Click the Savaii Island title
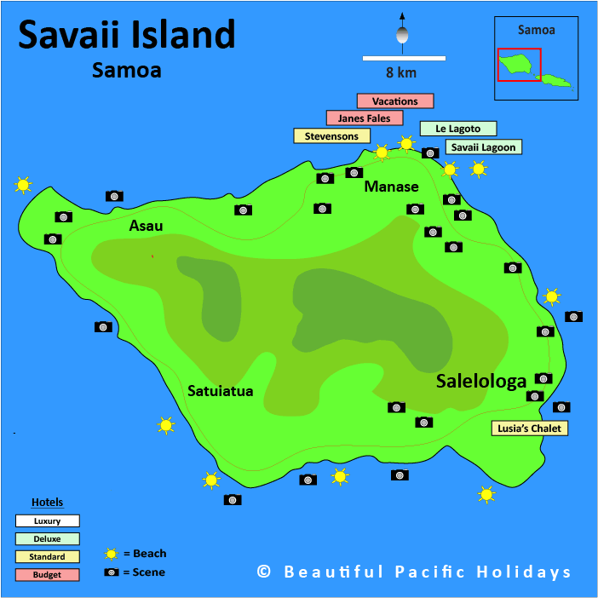tap(126, 36)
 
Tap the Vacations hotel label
tap(395, 101)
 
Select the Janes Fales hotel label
tap(364, 118)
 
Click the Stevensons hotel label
tap(331, 135)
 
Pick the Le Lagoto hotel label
tap(457, 129)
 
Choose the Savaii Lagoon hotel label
tap(483, 147)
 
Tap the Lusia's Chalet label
tap(530, 428)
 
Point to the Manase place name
tap(392, 187)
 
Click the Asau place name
tap(146, 226)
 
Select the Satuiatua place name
tap(221, 391)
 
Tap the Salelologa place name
tap(481, 382)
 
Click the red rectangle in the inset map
tap(519, 64)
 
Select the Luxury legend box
tap(47, 520)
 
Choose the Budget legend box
tap(47, 574)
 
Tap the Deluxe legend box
tap(47, 538)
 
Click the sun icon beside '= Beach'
tap(111, 554)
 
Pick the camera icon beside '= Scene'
tap(111, 572)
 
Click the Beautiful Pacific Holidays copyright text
tap(414, 572)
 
